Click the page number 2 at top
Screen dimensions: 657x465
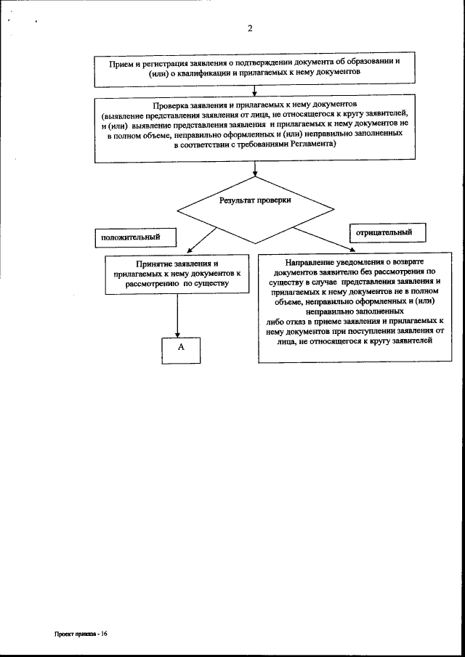tap(250, 29)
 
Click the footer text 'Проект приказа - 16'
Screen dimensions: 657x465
tap(81, 633)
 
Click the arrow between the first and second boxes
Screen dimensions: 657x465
tap(254, 90)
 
